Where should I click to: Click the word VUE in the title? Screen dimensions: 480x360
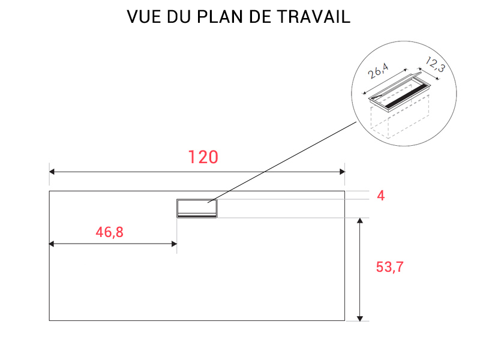(x=144, y=17)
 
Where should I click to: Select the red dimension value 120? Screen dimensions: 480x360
(x=203, y=157)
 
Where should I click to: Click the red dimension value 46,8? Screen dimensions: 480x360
(x=110, y=232)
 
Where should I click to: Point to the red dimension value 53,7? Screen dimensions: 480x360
(x=389, y=267)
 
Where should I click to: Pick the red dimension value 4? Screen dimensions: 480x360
(x=381, y=196)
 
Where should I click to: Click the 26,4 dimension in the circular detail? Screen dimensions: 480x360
(x=379, y=71)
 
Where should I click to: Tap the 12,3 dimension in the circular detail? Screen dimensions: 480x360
(x=435, y=64)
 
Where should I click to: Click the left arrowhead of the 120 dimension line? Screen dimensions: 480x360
(x=52, y=172)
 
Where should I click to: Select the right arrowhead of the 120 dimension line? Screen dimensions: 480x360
(x=342, y=172)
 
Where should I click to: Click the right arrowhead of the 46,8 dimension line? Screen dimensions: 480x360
(x=174, y=244)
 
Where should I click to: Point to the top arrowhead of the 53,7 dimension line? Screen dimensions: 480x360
(x=360, y=221)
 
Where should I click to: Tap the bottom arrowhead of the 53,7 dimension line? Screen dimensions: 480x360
(x=360, y=319)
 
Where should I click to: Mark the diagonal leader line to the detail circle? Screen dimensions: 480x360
(x=282, y=162)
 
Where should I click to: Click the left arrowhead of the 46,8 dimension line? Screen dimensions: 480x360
(x=52, y=244)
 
